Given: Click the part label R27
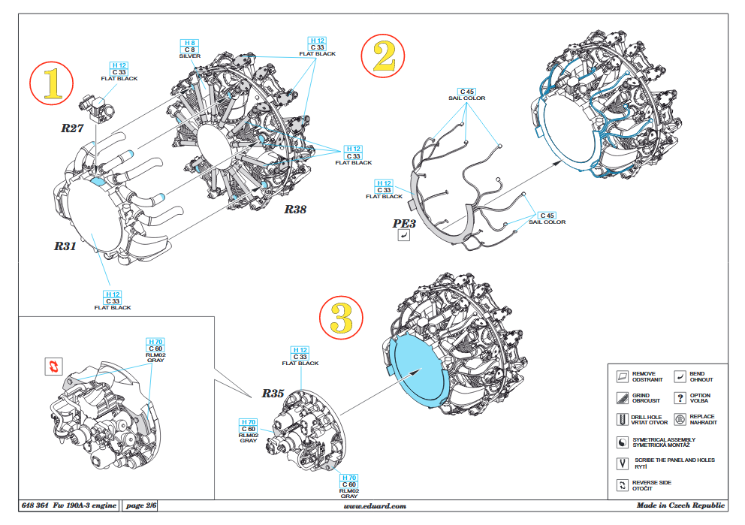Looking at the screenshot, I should click(x=72, y=128).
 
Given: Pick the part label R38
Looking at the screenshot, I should click(x=294, y=210).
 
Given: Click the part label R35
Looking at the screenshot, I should click(x=273, y=393).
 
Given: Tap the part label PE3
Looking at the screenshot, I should click(x=404, y=223).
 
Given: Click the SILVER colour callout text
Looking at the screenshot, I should click(x=190, y=56).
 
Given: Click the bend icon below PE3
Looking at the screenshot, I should click(x=404, y=237).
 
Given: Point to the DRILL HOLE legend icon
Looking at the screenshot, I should click(x=621, y=420).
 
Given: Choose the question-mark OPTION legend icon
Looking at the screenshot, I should click(x=680, y=398).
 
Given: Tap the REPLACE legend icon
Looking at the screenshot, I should click(x=680, y=420).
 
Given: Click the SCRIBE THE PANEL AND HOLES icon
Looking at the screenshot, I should click(x=621, y=463).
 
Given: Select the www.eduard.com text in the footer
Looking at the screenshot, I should click(x=374, y=506).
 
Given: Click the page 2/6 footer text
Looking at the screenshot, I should click(x=140, y=506).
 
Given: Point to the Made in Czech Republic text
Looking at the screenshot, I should click(x=680, y=506).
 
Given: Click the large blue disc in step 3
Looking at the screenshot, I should click(x=418, y=368).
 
